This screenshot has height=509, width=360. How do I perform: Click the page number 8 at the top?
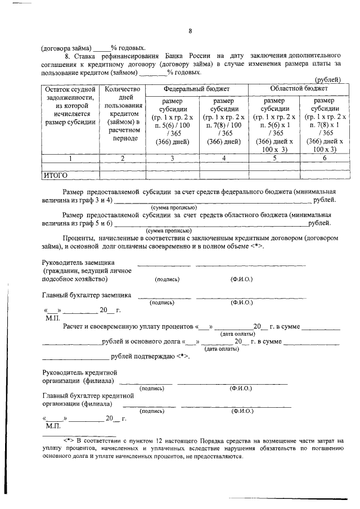coord(190,31)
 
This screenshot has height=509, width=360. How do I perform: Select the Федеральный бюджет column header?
coord(196,89)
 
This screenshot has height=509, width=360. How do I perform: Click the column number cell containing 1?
coord(70,159)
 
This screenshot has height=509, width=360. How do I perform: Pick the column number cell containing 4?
coord(223,159)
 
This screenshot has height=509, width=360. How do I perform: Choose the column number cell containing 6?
coord(325,159)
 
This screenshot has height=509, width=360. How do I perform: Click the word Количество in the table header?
coord(122,89)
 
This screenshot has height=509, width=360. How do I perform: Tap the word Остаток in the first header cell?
coord(58,89)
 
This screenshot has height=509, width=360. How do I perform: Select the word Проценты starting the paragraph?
coord(79,238)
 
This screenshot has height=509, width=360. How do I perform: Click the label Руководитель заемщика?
coord(79,263)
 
